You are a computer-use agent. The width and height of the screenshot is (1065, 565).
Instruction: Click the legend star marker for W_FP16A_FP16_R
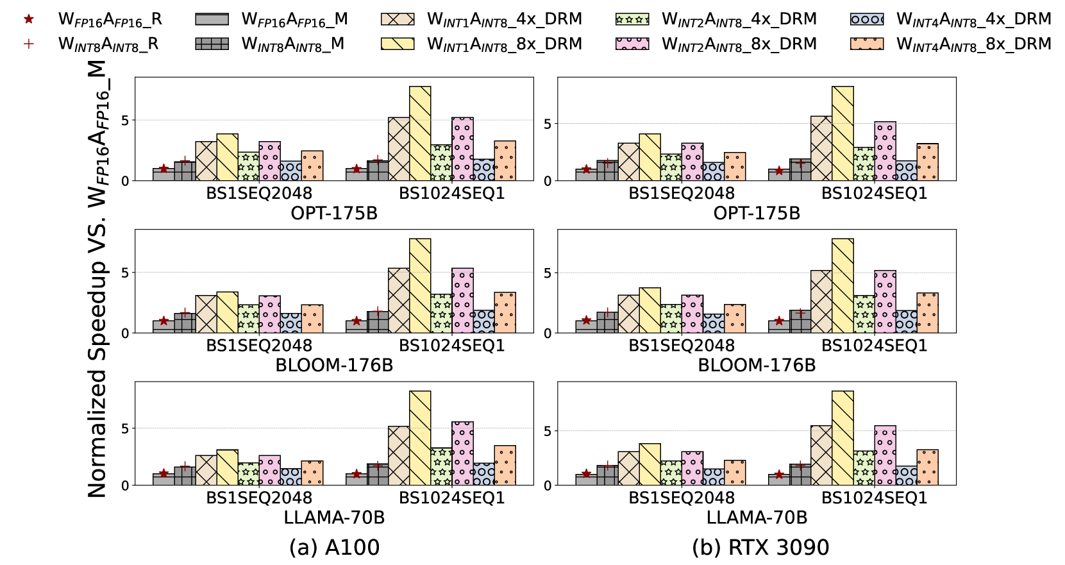point(28,19)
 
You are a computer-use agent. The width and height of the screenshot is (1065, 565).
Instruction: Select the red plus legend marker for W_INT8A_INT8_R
point(28,44)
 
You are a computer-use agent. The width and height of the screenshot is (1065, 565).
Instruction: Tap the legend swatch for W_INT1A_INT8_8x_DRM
point(398,44)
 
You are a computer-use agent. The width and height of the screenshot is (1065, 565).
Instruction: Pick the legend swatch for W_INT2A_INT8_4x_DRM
point(632,19)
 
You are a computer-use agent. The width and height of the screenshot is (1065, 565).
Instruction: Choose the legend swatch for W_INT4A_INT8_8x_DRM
point(867,44)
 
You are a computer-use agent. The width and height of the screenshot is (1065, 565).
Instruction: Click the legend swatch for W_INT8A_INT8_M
point(212,44)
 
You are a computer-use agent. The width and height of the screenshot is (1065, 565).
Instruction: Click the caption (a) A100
point(334,547)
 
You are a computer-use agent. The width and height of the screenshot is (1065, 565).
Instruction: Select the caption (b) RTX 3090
point(760,547)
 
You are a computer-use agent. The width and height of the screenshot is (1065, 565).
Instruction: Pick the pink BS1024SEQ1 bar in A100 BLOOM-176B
point(462,301)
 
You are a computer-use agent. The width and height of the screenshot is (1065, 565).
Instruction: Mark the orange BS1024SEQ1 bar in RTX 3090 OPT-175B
point(927,162)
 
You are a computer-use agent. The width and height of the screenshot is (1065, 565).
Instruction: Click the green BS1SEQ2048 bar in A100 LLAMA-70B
point(248,474)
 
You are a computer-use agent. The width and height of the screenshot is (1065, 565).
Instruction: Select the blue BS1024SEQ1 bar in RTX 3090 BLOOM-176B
point(906,321)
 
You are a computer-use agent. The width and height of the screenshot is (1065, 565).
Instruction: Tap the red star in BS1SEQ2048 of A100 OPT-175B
point(164,169)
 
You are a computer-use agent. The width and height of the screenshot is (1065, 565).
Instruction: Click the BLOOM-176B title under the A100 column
point(334,366)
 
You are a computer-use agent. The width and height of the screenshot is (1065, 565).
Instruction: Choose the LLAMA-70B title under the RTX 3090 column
point(757,518)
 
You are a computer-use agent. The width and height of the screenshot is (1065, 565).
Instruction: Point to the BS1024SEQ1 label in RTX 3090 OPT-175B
point(874,193)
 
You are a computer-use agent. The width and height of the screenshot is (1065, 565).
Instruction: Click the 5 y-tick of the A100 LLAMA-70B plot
point(126,428)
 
